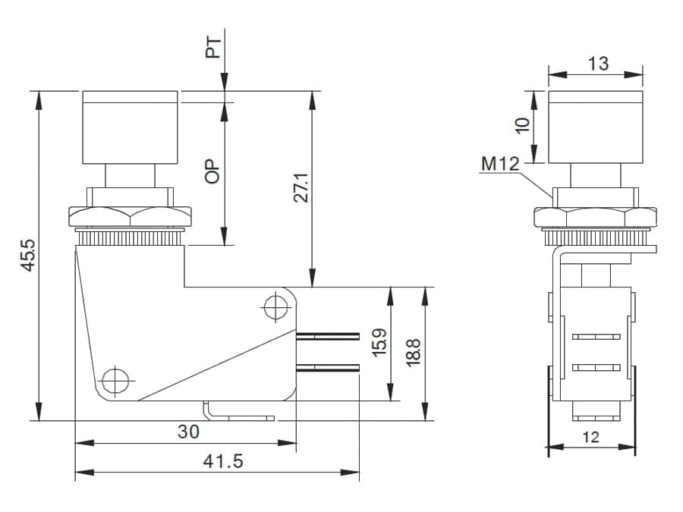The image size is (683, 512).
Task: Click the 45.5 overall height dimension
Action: click(28, 256)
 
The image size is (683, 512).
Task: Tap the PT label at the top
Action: click(214, 48)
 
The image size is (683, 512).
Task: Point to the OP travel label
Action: click(213, 171)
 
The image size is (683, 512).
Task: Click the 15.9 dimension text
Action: click(379, 341)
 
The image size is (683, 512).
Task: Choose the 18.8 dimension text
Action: click(413, 352)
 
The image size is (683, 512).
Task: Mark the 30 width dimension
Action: click(188, 431)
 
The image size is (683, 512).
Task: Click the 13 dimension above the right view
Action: click(598, 63)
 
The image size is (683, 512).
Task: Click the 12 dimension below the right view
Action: click(590, 436)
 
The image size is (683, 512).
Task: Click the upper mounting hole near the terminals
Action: click(274, 307)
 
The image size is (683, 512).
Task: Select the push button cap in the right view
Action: click(595, 127)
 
